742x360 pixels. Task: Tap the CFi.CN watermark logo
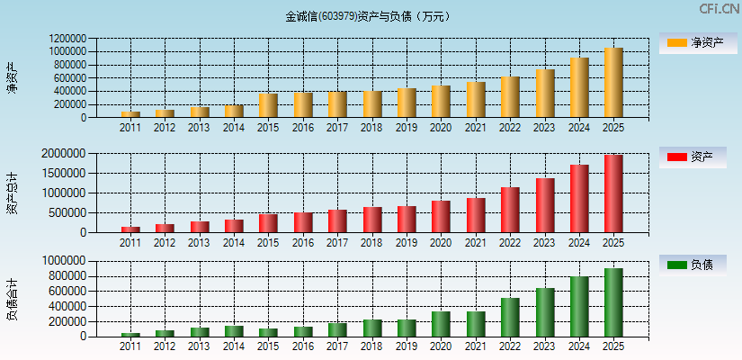point(719,9)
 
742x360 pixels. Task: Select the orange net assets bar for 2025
point(613,83)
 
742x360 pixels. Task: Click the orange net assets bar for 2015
point(268,105)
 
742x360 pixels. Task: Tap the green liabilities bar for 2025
point(613,302)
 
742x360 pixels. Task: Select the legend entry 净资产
point(698,43)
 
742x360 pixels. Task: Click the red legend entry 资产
point(698,157)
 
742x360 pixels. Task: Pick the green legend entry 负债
point(698,265)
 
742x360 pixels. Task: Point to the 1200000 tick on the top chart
point(68,40)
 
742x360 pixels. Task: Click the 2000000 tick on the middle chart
point(64,154)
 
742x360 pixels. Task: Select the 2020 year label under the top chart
point(441,128)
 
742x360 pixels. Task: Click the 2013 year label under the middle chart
point(199,243)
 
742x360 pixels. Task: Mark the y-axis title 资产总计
point(12,193)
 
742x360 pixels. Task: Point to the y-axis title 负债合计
point(12,299)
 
